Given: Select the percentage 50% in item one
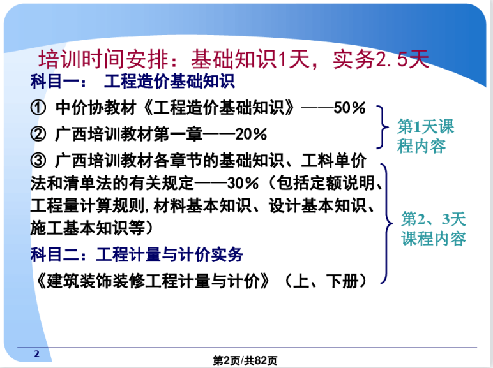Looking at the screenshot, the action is pyautogui.click(x=349, y=108).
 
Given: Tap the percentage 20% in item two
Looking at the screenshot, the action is pyautogui.click(x=251, y=135).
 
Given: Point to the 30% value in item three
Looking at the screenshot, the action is pyautogui.click(x=243, y=183).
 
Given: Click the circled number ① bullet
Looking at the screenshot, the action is pyautogui.click(x=38, y=108).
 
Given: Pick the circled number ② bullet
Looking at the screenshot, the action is pyautogui.click(x=38, y=135).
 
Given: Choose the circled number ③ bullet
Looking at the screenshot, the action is pyautogui.click(x=38, y=161).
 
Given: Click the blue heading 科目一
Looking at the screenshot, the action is pyautogui.click(x=55, y=82).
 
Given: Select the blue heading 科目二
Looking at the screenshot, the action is pyautogui.click(x=55, y=254).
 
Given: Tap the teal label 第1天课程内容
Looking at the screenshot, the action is pyautogui.click(x=425, y=136).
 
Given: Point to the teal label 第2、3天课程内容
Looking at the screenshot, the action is pyautogui.click(x=433, y=228).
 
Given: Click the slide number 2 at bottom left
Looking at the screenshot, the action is pyautogui.click(x=37, y=353).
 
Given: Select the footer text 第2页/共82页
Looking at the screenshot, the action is pyautogui.click(x=245, y=360).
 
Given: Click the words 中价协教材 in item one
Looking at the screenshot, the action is pyautogui.click(x=96, y=108).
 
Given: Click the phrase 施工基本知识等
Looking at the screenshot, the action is pyautogui.click(x=87, y=228).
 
